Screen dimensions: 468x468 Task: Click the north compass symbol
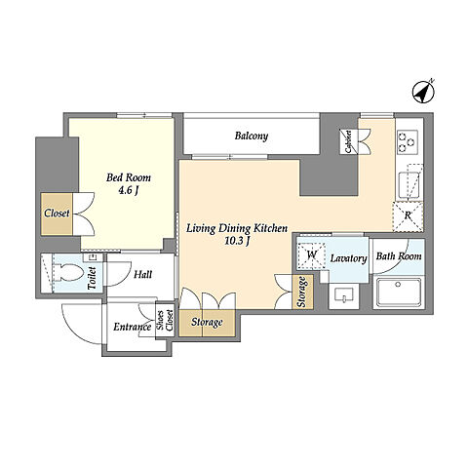click(x=423, y=92)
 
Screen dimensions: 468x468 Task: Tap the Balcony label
click(x=252, y=136)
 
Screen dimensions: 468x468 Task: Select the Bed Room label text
click(x=129, y=177)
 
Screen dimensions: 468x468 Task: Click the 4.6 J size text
click(x=128, y=190)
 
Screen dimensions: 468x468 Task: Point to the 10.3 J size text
click(x=237, y=241)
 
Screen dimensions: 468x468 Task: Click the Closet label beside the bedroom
click(x=57, y=214)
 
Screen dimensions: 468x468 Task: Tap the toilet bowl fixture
click(x=68, y=272)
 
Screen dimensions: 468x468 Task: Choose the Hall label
click(x=142, y=275)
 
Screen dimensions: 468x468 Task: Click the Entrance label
click(x=133, y=327)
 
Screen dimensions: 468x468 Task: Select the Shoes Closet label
click(x=165, y=321)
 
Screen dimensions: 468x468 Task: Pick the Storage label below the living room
click(x=207, y=322)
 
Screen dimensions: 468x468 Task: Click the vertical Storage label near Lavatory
click(x=302, y=292)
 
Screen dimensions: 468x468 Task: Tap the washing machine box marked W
click(x=311, y=255)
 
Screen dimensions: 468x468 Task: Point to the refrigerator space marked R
click(x=408, y=216)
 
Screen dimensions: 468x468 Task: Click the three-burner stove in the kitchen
click(x=408, y=141)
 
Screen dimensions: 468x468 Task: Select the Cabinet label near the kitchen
click(x=348, y=141)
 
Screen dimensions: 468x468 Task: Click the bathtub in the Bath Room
click(x=399, y=292)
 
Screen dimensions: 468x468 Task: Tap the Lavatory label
click(x=348, y=258)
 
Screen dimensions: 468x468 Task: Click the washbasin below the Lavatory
click(x=344, y=295)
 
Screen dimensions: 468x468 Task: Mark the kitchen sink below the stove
click(x=407, y=184)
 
